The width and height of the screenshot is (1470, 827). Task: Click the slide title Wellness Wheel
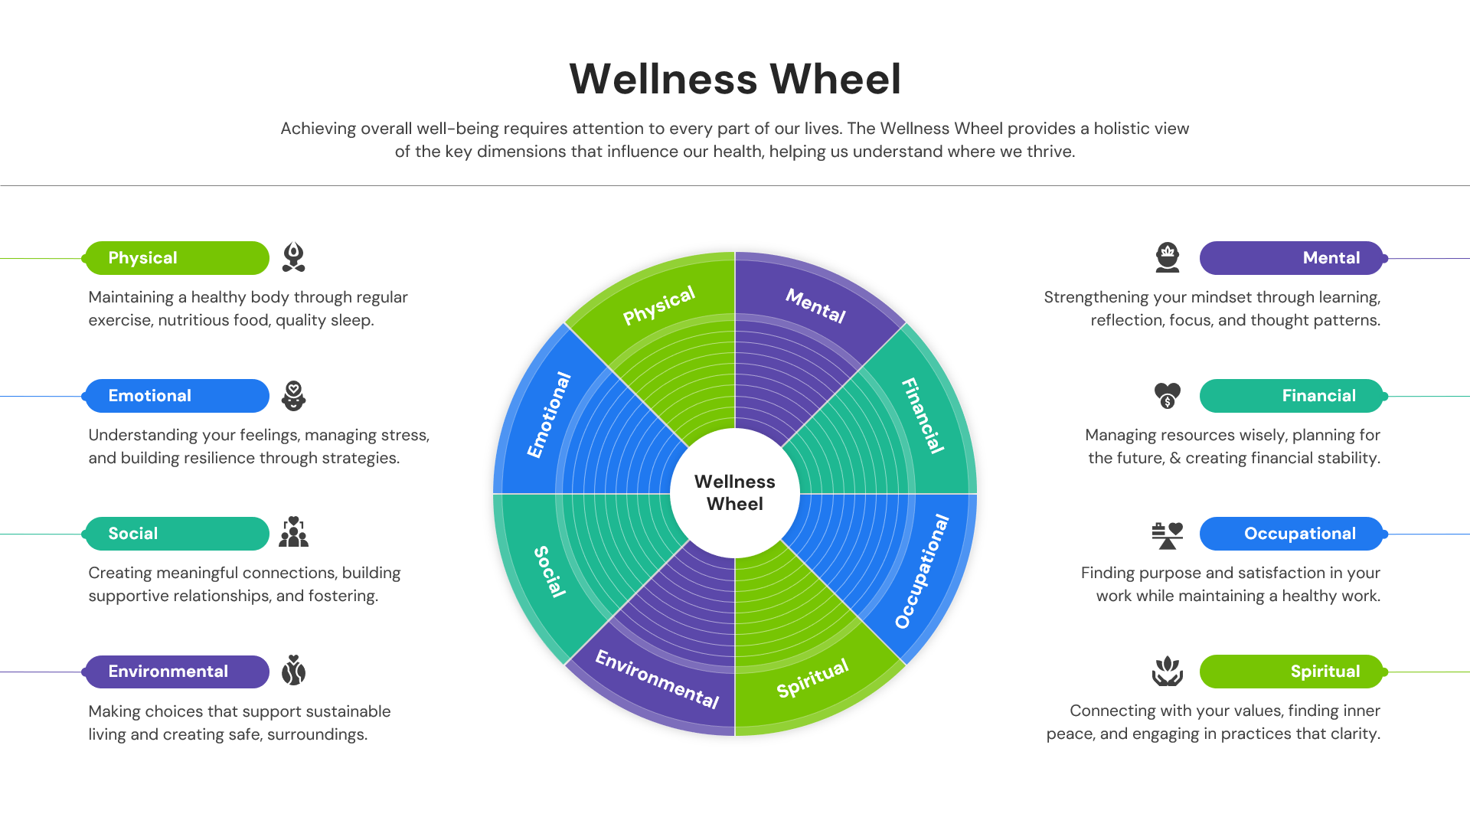click(x=735, y=79)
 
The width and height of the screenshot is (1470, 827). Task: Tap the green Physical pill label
click(x=177, y=258)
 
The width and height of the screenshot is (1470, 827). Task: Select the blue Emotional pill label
click(x=177, y=396)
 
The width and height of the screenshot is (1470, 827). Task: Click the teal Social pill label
click(x=177, y=534)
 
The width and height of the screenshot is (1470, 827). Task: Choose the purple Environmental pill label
click(x=177, y=672)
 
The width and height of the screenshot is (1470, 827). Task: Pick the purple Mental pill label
click(x=1291, y=258)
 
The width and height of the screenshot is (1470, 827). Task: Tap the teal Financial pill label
click(x=1291, y=396)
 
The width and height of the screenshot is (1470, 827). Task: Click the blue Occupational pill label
click(x=1291, y=534)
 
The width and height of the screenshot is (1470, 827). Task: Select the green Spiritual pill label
click(x=1291, y=672)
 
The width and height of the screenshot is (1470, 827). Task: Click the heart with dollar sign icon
click(x=1167, y=396)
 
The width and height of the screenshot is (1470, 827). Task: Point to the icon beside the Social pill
click(x=293, y=532)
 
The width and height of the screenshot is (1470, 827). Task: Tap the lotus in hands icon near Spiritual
click(x=1167, y=672)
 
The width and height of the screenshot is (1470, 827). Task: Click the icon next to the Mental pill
click(x=1167, y=258)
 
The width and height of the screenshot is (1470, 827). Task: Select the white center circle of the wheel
click(x=735, y=493)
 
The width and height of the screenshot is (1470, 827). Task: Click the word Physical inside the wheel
click(x=658, y=305)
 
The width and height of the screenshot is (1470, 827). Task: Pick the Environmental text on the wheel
click(x=657, y=679)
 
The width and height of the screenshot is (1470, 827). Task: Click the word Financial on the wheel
click(x=923, y=416)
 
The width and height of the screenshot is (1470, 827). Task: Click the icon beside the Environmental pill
click(x=293, y=671)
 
